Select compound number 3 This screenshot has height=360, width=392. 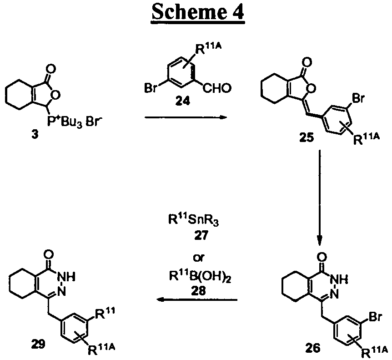point(35,135)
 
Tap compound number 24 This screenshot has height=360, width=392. point(182,101)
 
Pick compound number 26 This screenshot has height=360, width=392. point(313,348)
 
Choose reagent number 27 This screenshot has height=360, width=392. point(201,235)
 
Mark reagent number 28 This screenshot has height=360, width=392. point(198,291)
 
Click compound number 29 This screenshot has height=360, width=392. point(38,345)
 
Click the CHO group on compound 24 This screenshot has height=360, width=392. point(217,88)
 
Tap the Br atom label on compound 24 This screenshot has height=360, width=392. point(151,88)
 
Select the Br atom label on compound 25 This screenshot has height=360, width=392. point(358,98)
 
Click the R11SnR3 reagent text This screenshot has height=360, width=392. point(193,221)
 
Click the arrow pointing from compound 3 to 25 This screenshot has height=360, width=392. point(186,117)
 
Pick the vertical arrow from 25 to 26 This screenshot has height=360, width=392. point(320,198)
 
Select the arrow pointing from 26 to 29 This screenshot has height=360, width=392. point(196,299)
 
